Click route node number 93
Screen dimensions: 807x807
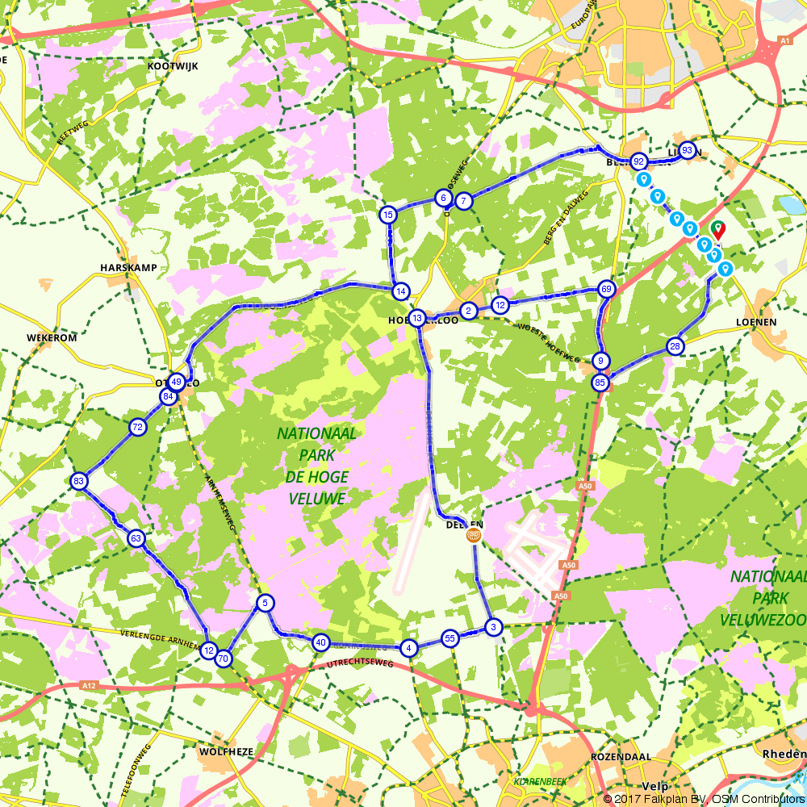[x=687, y=150]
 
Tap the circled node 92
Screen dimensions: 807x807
[x=638, y=161]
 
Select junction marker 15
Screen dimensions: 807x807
[x=388, y=214]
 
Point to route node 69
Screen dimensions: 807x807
[x=607, y=289]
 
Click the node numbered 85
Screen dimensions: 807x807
[x=600, y=382]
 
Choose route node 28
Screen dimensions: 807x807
[x=675, y=347]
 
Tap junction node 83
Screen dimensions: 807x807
[x=78, y=481]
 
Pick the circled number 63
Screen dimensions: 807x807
[x=136, y=538]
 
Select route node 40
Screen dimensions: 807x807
[x=321, y=642]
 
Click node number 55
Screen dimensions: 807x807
[x=450, y=638]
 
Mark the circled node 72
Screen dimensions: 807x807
[x=138, y=427]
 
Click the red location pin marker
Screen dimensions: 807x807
[x=717, y=230]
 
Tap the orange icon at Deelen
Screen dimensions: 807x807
[x=474, y=534]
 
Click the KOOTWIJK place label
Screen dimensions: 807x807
[x=173, y=65]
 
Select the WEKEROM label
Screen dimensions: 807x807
[x=51, y=337]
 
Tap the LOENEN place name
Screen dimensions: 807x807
[x=756, y=321]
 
